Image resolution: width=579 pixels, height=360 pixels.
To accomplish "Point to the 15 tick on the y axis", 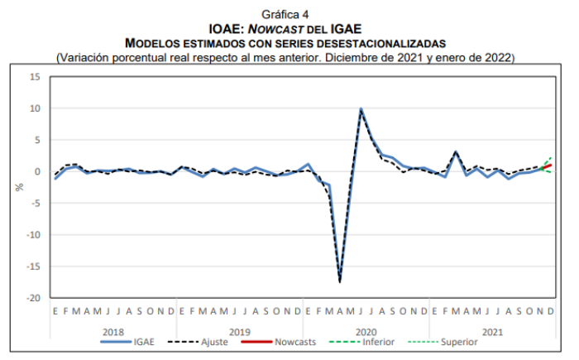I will pyautogui.click(x=35, y=77).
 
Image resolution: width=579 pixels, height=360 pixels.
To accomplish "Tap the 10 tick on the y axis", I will pyautogui.click(x=35, y=108).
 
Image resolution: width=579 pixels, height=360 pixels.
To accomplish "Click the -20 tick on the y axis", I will pyautogui.click(x=32, y=297).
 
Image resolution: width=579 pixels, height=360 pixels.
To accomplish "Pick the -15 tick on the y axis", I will pyautogui.click(x=32, y=266).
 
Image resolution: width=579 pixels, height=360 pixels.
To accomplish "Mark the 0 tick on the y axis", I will pyautogui.click(x=37, y=171).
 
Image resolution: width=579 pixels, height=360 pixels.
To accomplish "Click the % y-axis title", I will pyautogui.click(x=19, y=187).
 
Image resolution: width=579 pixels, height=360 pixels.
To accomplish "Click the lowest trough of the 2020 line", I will pyautogui.click(x=340, y=281).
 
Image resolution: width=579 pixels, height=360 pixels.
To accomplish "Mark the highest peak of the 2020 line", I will pyautogui.click(x=361, y=108).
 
